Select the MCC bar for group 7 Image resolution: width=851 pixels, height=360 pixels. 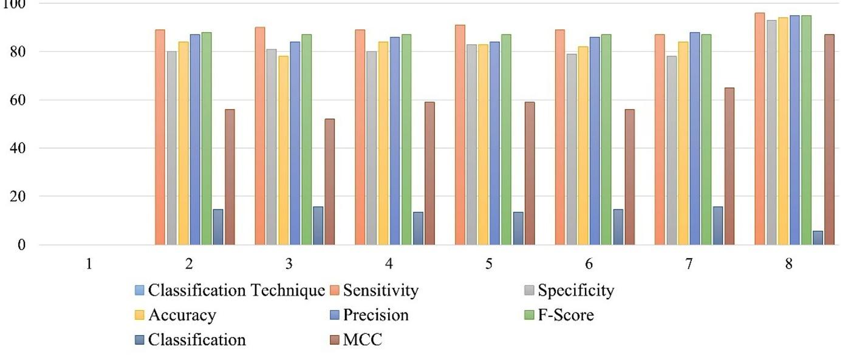tap(729, 166)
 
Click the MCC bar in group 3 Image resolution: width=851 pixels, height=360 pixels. tap(329, 182)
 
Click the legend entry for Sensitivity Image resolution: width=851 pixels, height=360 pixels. tap(380, 291)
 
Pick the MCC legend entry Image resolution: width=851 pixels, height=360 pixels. tap(362, 340)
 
